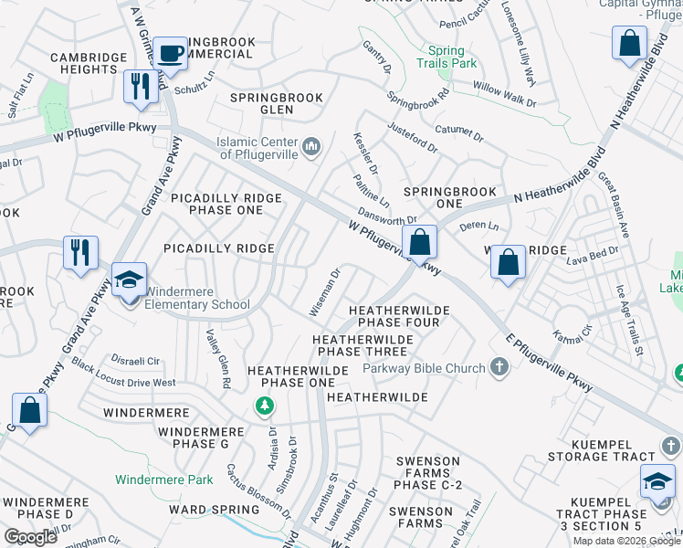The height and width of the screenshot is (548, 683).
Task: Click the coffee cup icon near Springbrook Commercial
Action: (x=170, y=52)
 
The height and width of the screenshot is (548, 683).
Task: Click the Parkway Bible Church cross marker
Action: (x=499, y=368)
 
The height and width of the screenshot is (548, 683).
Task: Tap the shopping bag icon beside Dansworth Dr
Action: (x=420, y=243)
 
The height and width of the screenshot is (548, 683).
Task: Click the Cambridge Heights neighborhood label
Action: (x=89, y=63)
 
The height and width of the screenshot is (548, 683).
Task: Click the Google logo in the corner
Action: (x=30, y=537)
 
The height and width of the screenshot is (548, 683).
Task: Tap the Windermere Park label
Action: (x=164, y=479)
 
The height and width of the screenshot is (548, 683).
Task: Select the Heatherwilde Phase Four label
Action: (x=404, y=316)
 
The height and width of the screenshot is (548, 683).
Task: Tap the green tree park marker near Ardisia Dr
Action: (x=265, y=406)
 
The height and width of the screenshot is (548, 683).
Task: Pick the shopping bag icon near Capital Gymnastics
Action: (x=630, y=43)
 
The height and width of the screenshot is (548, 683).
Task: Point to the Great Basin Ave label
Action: (x=614, y=205)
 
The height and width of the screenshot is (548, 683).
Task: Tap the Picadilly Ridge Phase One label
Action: (x=224, y=204)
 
